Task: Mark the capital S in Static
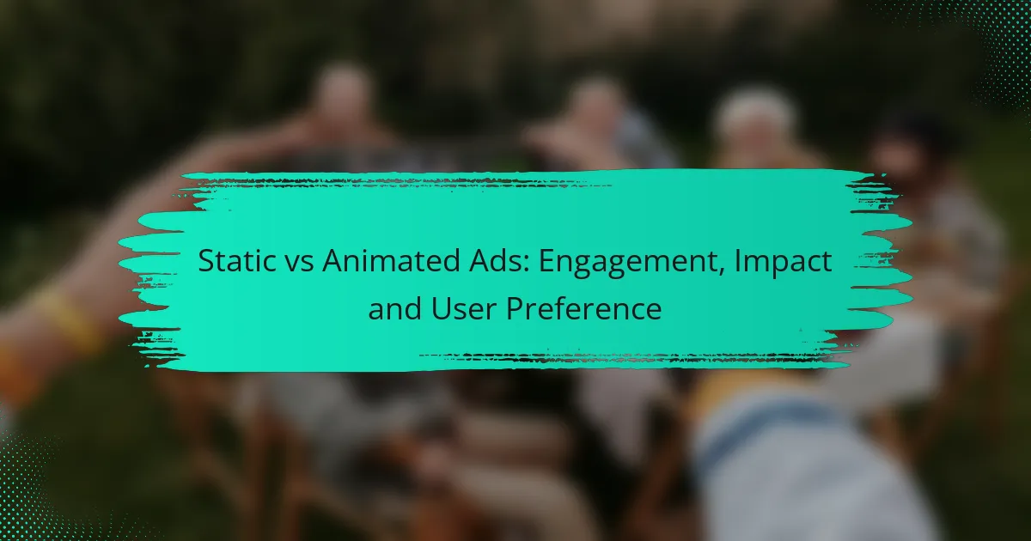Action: (x=206, y=262)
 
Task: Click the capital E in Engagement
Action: (x=543, y=262)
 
